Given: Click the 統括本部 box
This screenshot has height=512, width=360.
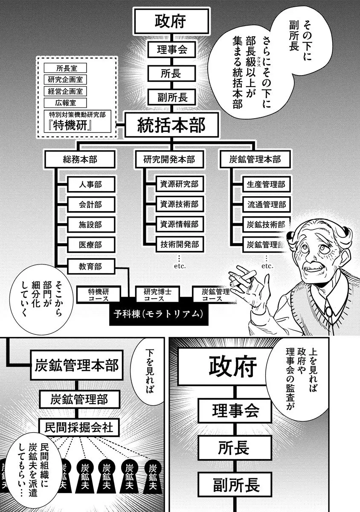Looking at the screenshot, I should [171, 125].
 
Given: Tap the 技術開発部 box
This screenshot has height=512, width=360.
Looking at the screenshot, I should [179, 245].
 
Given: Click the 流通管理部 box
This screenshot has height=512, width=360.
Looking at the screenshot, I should [265, 204].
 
